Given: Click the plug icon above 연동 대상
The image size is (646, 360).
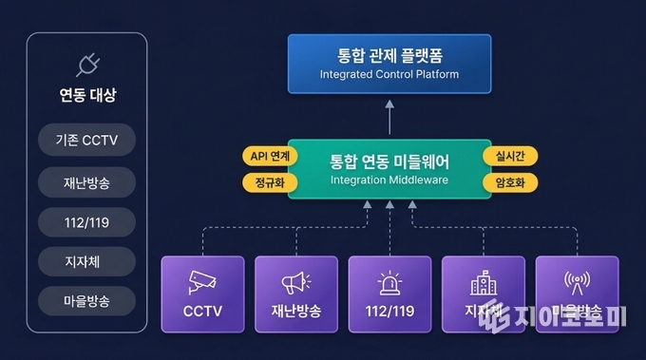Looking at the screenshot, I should (87, 65).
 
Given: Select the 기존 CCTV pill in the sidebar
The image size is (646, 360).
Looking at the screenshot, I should (87, 141).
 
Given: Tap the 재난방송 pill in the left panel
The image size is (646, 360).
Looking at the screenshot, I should (87, 181).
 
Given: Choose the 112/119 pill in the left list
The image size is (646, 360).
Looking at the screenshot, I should (87, 221).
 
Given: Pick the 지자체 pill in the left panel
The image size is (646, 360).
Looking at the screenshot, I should (87, 261).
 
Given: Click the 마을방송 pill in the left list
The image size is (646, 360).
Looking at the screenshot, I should (87, 301).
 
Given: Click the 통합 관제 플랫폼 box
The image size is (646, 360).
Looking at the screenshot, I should (389, 63).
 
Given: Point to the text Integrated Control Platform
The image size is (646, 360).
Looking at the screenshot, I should (389, 74).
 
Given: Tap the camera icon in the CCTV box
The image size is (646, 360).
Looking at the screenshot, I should (203, 282).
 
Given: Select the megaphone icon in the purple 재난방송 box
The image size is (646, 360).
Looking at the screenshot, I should (296, 282).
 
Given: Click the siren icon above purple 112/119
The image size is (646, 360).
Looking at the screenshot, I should (389, 282).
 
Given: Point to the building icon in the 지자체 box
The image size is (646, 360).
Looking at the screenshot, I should (484, 282).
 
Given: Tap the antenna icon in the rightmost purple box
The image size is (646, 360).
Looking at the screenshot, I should (577, 282).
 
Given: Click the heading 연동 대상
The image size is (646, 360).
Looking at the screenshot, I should (87, 96).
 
